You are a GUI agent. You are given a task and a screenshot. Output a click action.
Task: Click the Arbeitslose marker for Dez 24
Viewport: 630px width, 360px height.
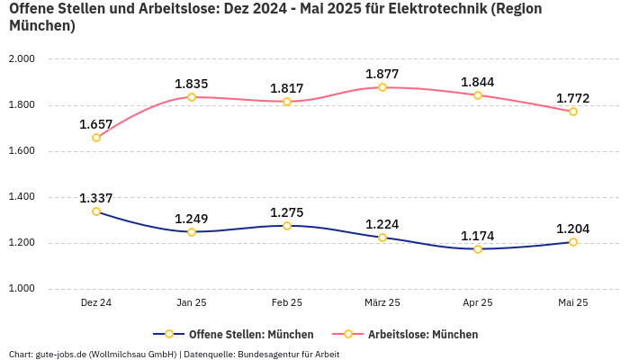[x=96, y=138]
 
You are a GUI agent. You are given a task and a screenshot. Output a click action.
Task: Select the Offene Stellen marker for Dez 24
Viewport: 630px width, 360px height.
[x=96, y=211]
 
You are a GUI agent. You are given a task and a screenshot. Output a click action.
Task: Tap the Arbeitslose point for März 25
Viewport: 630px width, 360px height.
[x=382, y=87]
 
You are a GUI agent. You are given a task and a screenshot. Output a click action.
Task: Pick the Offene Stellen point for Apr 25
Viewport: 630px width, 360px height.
[x=478, y=248]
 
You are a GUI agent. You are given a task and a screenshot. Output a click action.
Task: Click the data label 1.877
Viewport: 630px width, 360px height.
[x=382, y=74]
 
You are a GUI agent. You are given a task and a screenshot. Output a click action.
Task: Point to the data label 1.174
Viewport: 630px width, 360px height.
[x=478, y=236]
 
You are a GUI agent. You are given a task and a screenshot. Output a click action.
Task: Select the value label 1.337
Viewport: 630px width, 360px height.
[x=96, y=198]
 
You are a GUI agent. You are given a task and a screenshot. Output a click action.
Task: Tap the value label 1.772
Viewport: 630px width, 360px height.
[x=573, y=97]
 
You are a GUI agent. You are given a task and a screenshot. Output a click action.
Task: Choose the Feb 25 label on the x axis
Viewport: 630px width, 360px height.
[x=287, y=303]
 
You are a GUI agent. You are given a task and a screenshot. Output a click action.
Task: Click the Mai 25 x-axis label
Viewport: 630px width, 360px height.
[x=573, y=303]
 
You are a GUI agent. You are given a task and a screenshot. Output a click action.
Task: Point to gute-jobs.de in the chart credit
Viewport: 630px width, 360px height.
[x=58, y=354]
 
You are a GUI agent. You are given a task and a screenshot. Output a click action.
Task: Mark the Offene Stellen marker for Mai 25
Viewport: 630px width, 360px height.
[x=573, y=242]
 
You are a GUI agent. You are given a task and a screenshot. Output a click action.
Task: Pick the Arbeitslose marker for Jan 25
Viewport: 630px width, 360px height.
[x=192, y=97]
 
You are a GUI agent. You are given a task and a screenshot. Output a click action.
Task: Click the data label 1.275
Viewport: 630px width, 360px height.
[x=287, y=212]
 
